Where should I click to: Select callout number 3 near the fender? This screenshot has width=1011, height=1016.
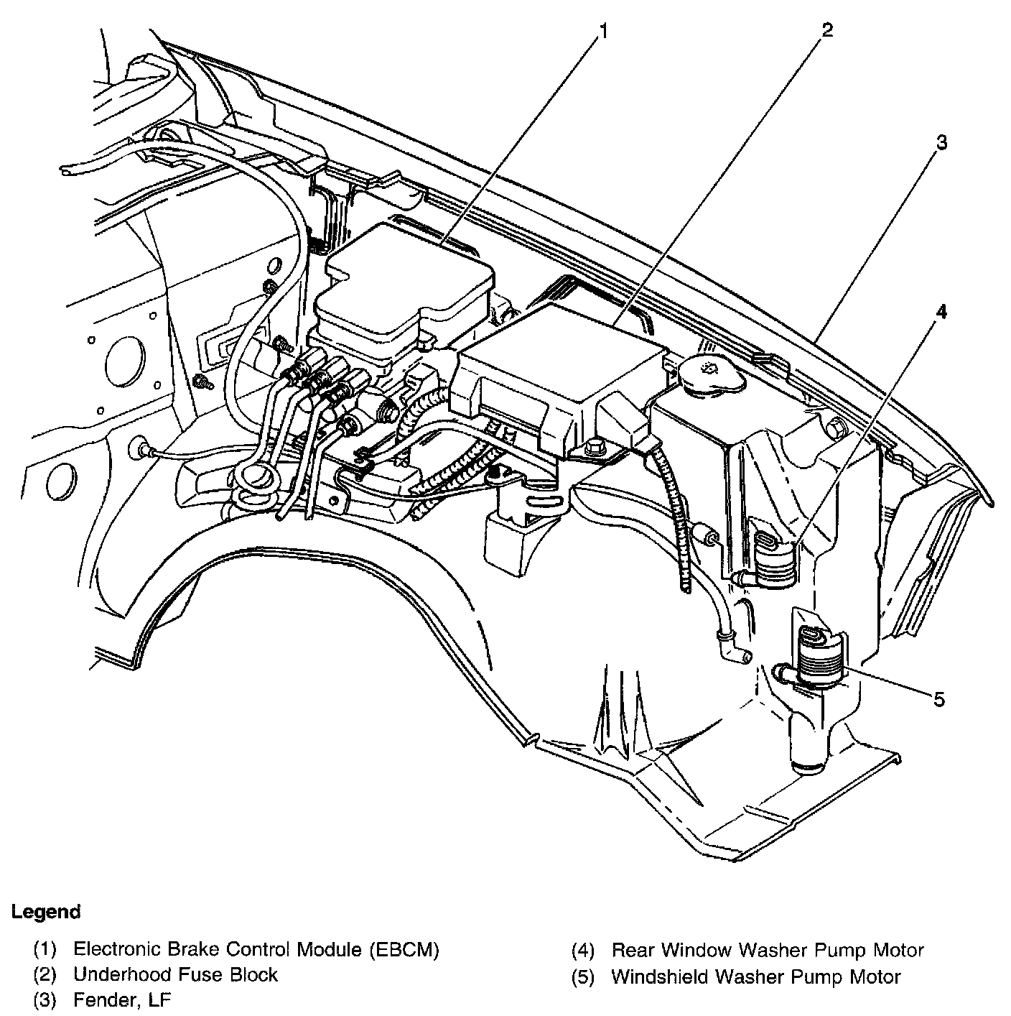[941, 142]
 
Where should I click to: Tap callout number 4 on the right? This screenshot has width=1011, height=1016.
[941, 311]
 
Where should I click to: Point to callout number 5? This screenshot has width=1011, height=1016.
[939, 699]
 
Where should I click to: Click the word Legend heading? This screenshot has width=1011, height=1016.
[46, 912]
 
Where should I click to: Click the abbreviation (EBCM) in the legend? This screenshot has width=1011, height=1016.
[404, 950]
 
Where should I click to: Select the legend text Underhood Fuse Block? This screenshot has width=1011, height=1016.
[175, 974]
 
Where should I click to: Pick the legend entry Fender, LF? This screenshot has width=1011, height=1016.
[122, 999]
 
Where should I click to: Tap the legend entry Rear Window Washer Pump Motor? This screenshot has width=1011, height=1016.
[767, 950]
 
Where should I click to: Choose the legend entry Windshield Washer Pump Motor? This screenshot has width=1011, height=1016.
[755, 976]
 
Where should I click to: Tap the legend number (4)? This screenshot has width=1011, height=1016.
[583, 951]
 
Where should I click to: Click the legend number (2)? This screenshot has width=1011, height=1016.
[45, 975]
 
